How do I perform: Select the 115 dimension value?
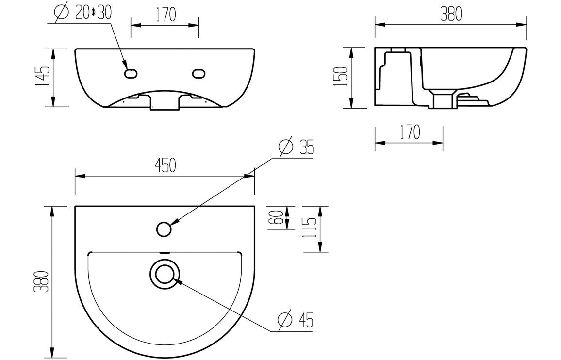click(311, 229)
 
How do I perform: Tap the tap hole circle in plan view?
click(164, 228)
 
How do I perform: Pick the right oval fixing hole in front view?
click(198, 74)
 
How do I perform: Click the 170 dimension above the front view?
click(165, 15)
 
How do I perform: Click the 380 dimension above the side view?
click(450, 15)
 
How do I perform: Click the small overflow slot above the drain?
click(164, 253)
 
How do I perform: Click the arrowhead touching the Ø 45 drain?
click(178, 280)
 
